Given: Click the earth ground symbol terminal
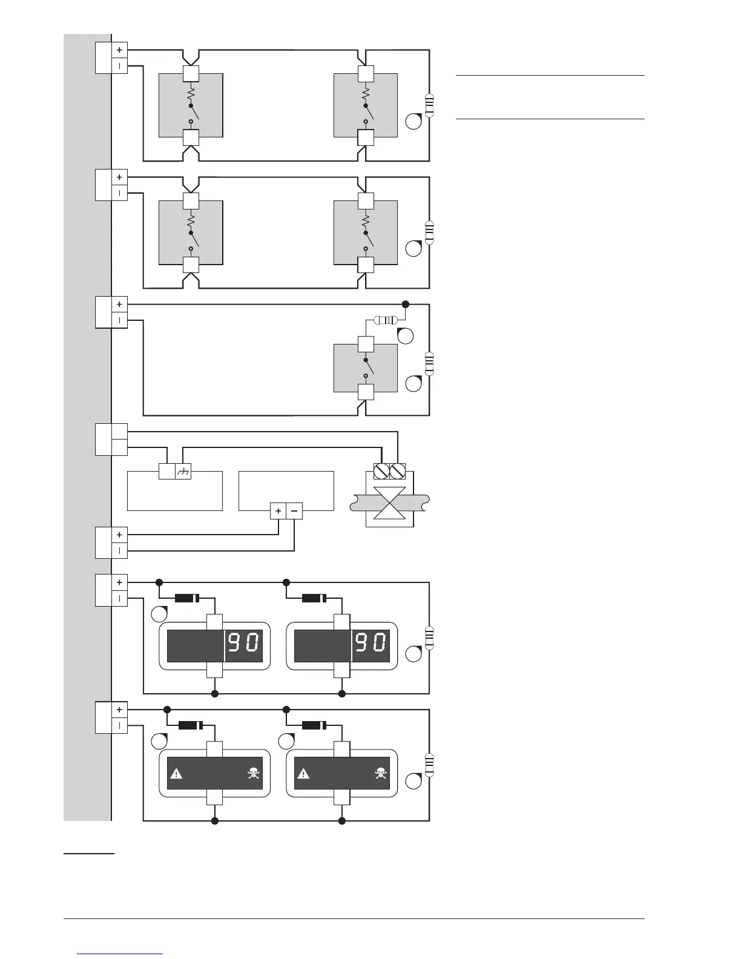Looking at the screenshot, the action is click(x=183, y=472).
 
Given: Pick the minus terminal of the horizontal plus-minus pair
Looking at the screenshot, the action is click(x=294, y=511).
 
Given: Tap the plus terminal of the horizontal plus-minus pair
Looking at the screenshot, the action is click(x=278, y=511).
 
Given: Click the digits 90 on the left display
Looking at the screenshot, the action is click(x=245, y=642).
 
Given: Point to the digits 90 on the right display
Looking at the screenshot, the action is click(x=372, y=642).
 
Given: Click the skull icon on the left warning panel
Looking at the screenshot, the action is click(x=253, y=773).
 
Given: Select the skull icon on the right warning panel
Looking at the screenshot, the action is click(x=380, y=773).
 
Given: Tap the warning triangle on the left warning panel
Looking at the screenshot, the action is click(x=176, y=773).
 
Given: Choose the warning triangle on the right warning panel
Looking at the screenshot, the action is click(x=303, y=773).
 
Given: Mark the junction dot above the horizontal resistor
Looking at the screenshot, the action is click(x=406, y=304).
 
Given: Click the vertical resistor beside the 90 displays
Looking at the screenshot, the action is click(x=430, y=638).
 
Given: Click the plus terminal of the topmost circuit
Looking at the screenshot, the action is click(x=119, y=50).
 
